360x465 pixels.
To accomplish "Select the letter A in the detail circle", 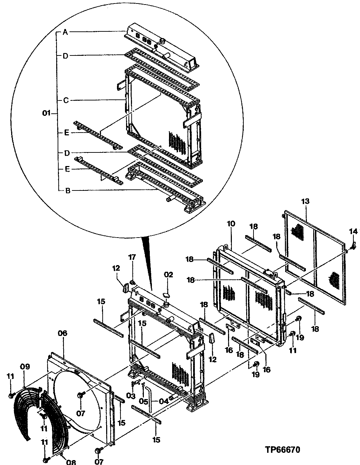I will click(x=65, y=32).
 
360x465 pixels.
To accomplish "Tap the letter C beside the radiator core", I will click(x=65, y=100).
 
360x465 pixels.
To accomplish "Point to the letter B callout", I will click(x=68, y=190).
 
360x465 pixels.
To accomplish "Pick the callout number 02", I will click(x=168, y=275).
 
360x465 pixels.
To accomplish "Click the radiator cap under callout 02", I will click(x=166, y=296).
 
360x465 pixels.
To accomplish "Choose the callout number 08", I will click(x=71, y=462).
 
